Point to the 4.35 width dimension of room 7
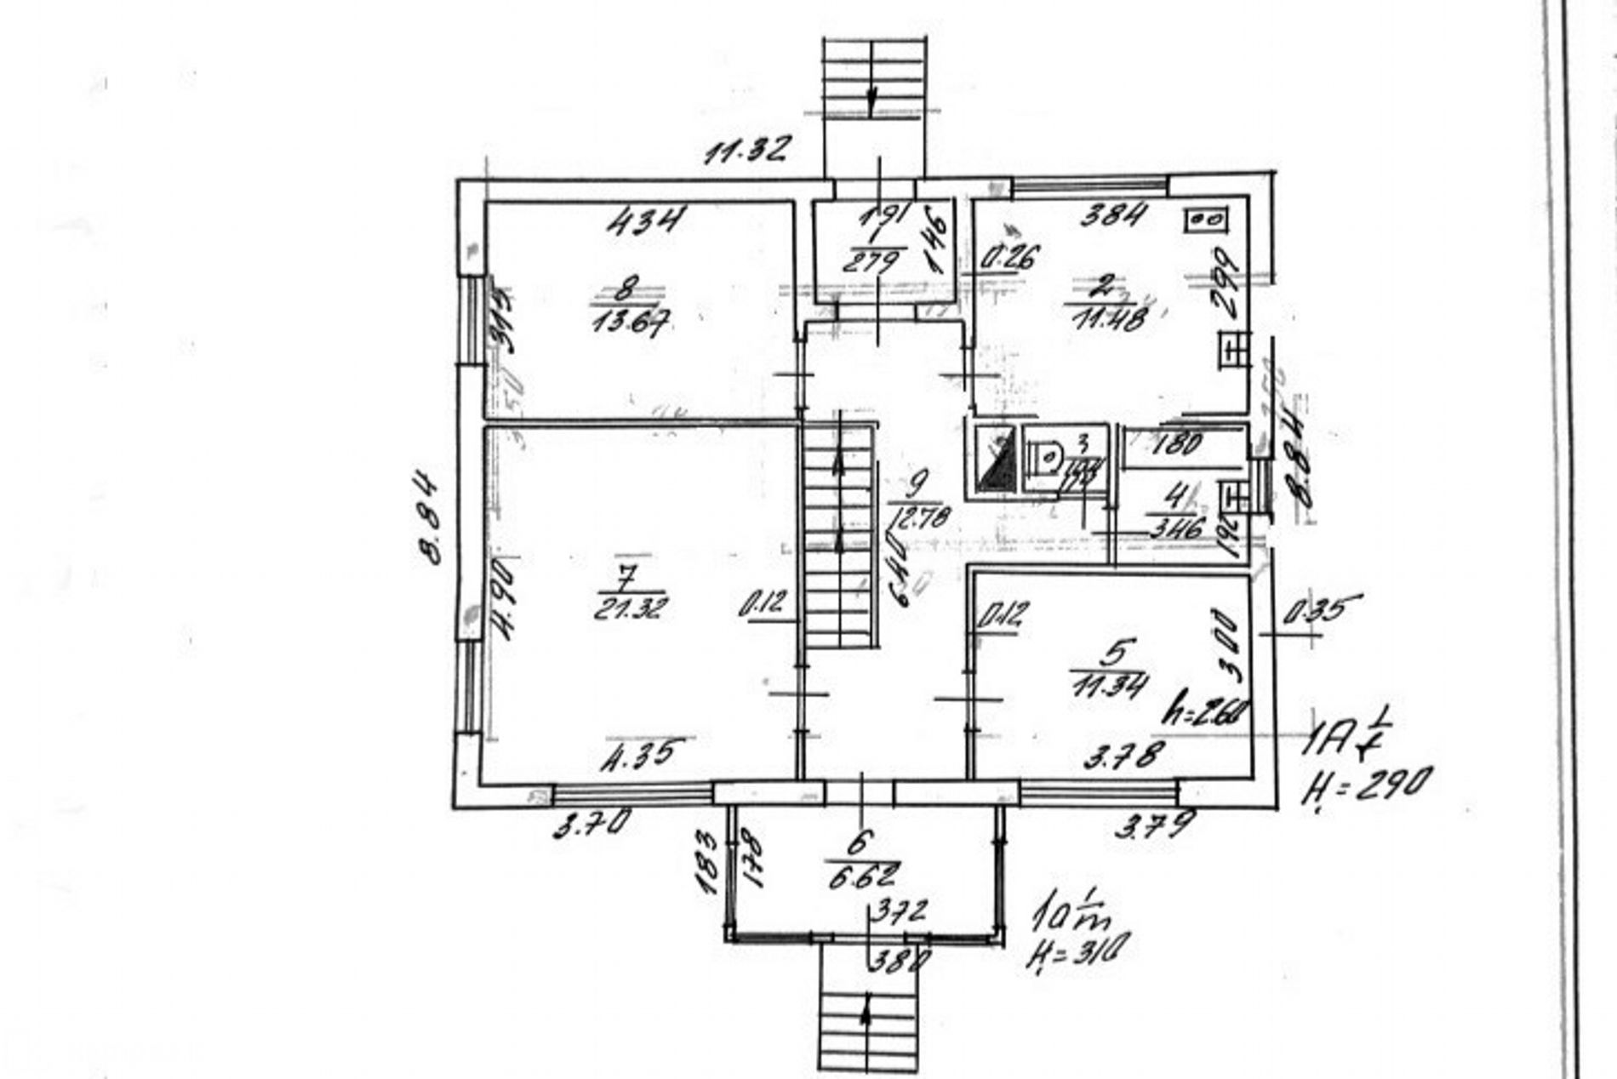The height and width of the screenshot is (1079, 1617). click(643, 754)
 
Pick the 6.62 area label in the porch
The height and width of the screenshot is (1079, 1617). click(863, 874)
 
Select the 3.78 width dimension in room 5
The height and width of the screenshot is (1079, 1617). click(1123, 754)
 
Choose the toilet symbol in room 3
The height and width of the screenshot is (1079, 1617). click(1045, 458)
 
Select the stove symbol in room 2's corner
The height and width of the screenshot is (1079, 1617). click(1206, 220)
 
